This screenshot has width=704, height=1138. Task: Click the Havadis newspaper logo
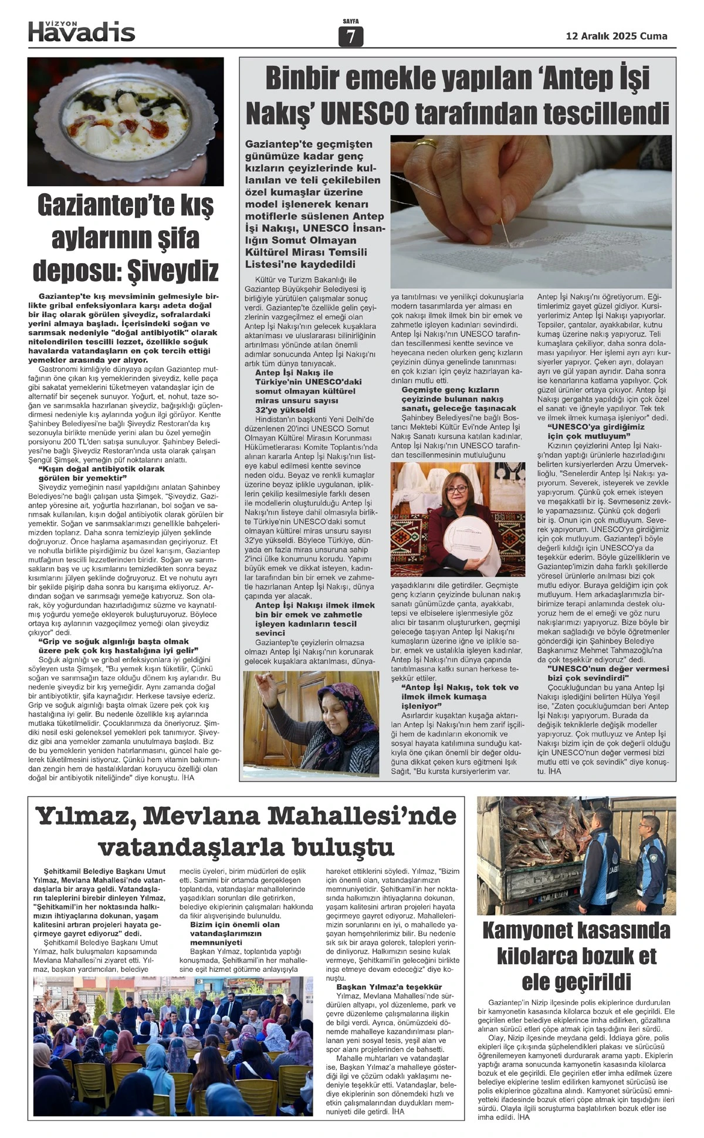tap(82, 32)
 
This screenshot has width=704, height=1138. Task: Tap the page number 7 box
tap(351, 37)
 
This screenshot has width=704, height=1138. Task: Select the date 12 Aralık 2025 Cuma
tap(617, 36)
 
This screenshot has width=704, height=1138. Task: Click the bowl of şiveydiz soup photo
tap(126, 122)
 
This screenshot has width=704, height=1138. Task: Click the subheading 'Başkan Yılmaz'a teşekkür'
tap(389, 987)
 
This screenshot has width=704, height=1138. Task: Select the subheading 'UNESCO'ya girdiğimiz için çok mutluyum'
tap(596, 431)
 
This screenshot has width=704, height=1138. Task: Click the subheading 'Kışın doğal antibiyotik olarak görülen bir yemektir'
tap(101, 473)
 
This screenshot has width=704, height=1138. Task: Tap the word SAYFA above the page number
tap(351, 22)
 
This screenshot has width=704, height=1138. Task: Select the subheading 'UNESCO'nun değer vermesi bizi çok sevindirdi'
tap(608, 673)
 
